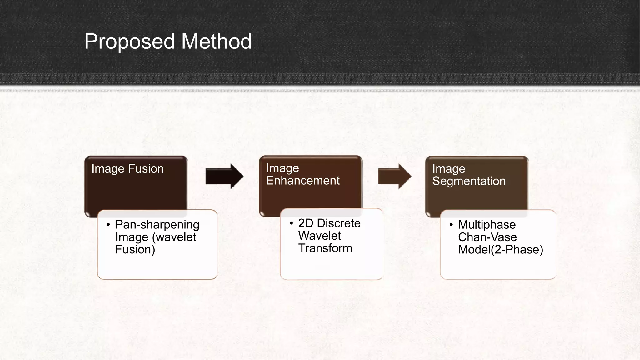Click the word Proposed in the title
pos(131,42)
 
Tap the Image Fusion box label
pos(127,169)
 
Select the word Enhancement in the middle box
pos(302,181)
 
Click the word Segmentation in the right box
pos(469,181)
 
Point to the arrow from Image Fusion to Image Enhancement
pos(224,176)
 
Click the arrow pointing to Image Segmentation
pos(394,177)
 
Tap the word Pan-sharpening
pos(157,225)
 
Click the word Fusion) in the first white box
pos(135,250)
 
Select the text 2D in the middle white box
pos(306,223)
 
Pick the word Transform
pos(325,248)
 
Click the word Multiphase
pos(487,225)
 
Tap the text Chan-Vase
pos(487,237)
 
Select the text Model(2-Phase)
pos(501,250)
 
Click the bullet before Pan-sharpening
pos(108,225)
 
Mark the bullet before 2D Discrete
pos(291,223)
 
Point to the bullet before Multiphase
pos(451,225)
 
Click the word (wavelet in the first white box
pos(174,237)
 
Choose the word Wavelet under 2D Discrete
pos(319,236)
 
